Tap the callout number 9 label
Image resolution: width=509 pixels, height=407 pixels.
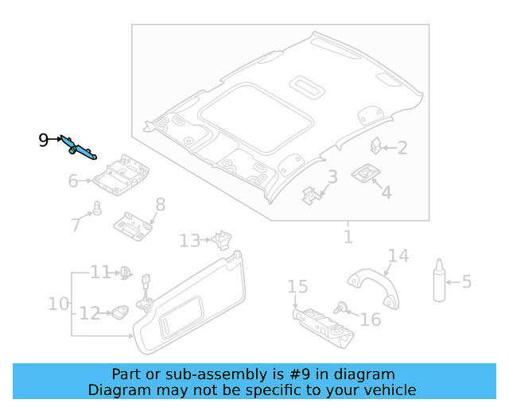(44, 141)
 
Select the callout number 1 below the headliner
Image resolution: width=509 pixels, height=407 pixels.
(348, 237)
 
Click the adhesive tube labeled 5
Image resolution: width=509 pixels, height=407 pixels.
(439, 281)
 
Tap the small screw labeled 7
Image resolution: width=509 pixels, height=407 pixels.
(97, 209)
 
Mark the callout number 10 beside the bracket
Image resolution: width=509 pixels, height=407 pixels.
(58, 304)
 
